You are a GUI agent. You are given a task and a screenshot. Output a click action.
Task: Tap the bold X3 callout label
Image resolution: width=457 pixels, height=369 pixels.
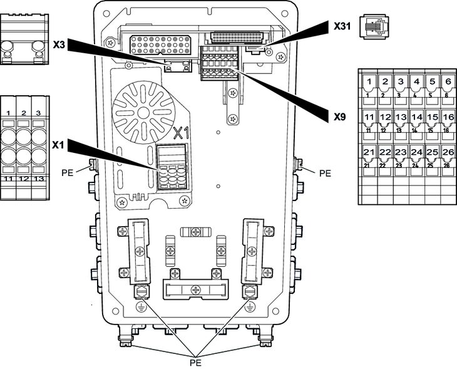tap(59, 45)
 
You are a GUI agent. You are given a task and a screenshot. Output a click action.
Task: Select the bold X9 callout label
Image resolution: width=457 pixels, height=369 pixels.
tap(340, 117)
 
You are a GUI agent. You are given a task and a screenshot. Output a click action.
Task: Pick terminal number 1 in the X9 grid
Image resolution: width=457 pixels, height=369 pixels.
tap(370, 82)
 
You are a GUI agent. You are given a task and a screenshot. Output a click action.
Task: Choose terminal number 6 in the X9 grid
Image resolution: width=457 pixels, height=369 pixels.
tap(448, 82)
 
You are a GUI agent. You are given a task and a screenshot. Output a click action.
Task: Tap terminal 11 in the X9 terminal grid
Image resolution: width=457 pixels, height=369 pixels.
tap(370, 117)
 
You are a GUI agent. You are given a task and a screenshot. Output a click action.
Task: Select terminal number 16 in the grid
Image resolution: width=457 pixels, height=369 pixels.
tap(448, 117)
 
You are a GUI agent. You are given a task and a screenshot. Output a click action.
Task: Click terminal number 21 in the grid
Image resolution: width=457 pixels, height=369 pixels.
tap(370, 152)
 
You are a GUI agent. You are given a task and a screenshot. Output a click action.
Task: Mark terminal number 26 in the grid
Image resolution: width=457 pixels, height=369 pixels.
tap(448, 152)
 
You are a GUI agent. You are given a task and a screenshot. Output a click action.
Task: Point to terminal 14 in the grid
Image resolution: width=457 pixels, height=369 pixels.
tap(417, 117)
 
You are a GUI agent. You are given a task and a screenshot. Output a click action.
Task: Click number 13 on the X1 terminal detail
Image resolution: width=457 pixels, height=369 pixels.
tap(38, 179)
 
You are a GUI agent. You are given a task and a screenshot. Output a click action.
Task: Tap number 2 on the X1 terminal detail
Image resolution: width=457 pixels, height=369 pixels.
tap(24, 112)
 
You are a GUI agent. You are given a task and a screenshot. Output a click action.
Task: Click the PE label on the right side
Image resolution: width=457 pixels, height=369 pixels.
tap(324, 172)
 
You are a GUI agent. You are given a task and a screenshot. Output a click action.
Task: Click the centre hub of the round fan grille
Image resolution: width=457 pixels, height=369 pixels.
tap(145, 112)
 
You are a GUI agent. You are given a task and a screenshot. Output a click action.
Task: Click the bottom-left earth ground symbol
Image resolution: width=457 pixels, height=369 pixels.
tap(141, 308)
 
